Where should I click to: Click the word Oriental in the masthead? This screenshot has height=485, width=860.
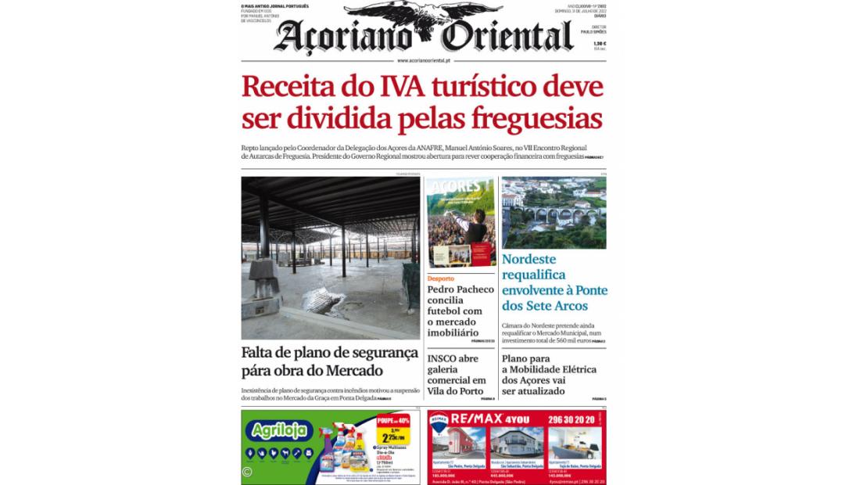click(x=507, y=37)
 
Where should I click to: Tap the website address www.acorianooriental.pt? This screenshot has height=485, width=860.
click(x=423, y=60)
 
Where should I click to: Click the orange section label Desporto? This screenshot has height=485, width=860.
click(x=441, y=278)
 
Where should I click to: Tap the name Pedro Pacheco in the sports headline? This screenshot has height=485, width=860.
click(x=460, y=289)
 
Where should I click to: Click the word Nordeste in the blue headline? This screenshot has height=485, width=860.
click(x=529, y=259)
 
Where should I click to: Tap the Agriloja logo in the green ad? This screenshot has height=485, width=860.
click(x=278, y=430)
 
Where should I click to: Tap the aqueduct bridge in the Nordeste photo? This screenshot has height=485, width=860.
click(x=554, y=215)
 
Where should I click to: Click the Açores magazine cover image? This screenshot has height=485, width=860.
click(x=460, y=222)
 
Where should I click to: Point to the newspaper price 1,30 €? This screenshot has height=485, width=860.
click(x=599, y=44)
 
